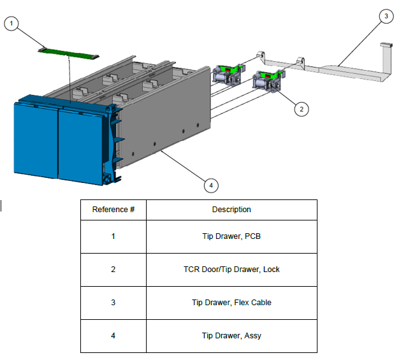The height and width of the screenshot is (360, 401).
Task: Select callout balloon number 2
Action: click(302, 109)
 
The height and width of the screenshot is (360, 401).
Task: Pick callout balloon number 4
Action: click(211, 185)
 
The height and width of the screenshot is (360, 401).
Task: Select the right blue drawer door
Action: click(82, 145)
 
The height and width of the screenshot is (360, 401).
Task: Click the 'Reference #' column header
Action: click(113, 210)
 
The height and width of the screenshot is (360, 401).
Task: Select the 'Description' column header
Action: click(231, 210)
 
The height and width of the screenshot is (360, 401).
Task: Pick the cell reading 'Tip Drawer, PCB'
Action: click(231, 236)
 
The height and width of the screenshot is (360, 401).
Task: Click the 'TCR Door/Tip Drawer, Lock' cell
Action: click(231, 270)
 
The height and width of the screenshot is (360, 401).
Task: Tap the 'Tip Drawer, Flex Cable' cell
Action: click(231, 303)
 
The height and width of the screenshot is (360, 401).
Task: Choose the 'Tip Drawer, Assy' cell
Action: click(231, 336)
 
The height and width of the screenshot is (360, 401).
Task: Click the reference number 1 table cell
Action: click(113, 236)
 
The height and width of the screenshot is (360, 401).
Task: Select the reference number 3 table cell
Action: click(113, 303)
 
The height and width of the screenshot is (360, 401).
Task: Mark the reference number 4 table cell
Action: click(113, 336)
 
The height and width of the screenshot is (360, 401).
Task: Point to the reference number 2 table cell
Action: click(113, 270)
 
